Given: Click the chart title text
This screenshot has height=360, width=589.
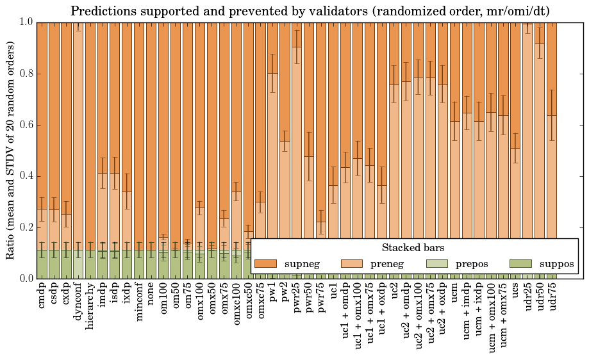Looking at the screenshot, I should click(x=310, y=11).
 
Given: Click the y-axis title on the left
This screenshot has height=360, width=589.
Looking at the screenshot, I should click(x=11, y=150).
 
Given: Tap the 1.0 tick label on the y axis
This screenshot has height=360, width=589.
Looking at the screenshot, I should click(x=26, y=22).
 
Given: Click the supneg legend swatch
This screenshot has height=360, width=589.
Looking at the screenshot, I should click(x=265, y=263).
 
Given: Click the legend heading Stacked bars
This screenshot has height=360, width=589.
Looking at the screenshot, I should click(x=413, y=248).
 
